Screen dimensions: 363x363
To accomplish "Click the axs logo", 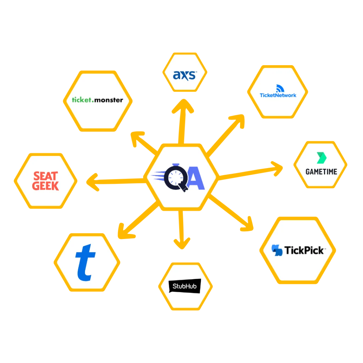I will (184, 75).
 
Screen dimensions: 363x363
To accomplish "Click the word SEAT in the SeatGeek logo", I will (45, 176).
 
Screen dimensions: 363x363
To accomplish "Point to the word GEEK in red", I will (45, 186).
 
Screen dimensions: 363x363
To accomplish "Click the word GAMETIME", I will (321, 172).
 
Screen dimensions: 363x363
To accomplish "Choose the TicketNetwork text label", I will (278, 95).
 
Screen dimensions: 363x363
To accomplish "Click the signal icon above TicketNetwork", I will (279, 88).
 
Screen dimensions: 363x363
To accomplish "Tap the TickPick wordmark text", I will (304, 250).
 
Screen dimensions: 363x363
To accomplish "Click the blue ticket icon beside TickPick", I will (277, 250).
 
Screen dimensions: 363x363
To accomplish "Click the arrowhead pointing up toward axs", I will (183, 106).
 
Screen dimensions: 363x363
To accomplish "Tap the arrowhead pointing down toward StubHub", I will (182, 242).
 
